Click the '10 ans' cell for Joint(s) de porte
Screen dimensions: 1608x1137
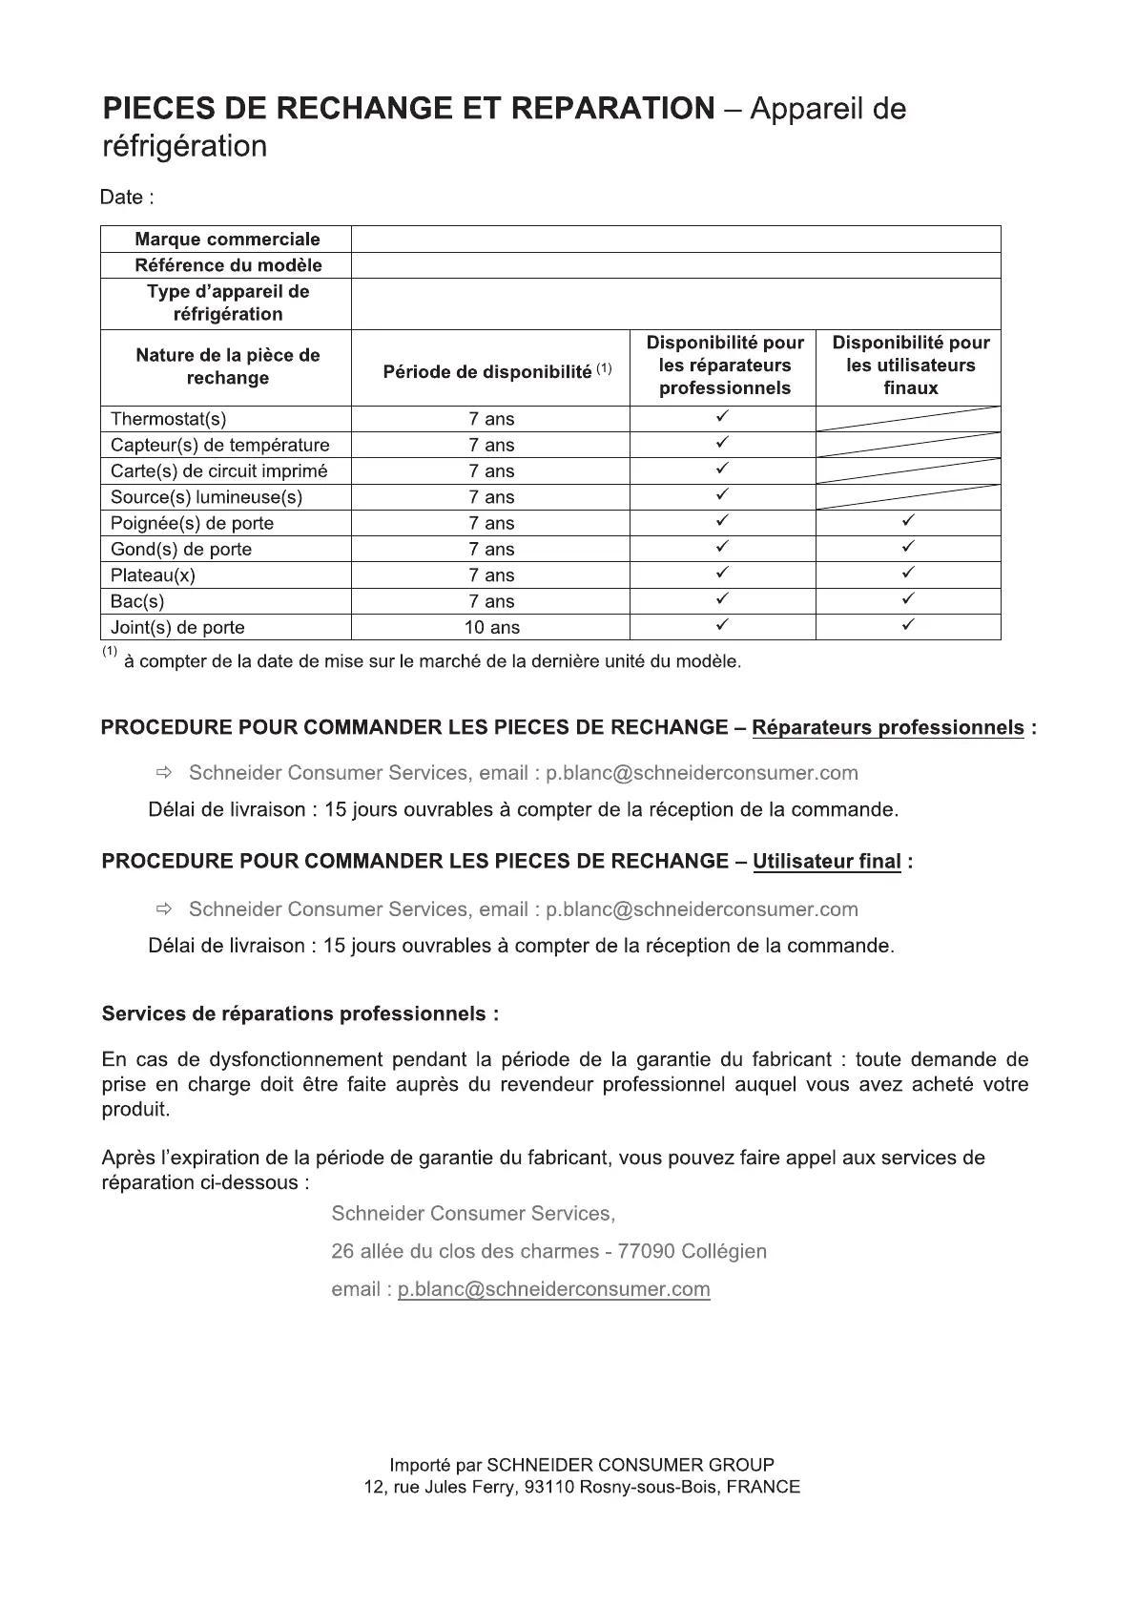(491, 628)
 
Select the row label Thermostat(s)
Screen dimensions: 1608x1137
(169, 419)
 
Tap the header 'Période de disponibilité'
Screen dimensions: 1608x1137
(487, 372)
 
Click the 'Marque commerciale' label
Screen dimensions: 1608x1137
(227, 240)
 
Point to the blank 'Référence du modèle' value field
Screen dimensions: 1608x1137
(675, 265)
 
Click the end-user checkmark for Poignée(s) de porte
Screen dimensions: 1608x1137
(909, 522)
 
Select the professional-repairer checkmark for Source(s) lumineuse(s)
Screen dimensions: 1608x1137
(723, 495)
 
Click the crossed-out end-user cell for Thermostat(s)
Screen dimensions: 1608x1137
(908, 419)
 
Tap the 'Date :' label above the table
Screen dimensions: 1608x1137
(127, 198)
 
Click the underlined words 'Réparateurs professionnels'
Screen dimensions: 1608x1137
(888, 728)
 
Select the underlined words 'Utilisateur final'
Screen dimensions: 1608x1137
(827, 862)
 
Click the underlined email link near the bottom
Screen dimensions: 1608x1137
(554, 1289)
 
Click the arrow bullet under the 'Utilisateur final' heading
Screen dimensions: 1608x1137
(163, 908)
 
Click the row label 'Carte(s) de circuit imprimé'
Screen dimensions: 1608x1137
(218, 471)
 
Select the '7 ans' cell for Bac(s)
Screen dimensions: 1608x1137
(491, 601)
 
